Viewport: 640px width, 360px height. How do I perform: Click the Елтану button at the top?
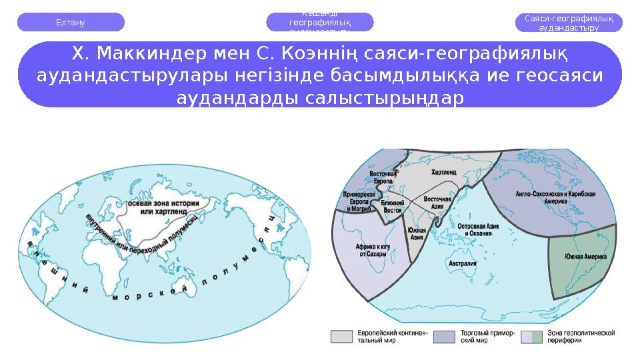click(x=71, y=22)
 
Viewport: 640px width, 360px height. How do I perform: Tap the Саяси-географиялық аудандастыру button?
click(x=569, y=23)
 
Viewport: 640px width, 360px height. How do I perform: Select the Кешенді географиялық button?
click(x=320, y=22)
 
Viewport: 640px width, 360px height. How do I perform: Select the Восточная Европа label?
click(x=383, y=177)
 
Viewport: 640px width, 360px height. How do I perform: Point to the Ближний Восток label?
click(x=393, y=205)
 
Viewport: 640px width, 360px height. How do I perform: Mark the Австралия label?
click(x=462, y=263)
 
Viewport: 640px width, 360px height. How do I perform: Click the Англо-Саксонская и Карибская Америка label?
click(x=555, y=197)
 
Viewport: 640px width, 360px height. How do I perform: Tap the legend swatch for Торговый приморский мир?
click(x=444, y=337)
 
